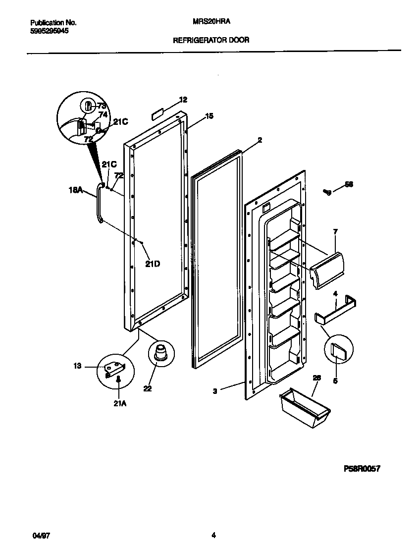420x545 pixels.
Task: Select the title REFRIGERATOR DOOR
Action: coord(210,40)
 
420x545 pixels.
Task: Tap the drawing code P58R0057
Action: coord(362,469)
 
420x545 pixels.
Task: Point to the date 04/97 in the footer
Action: coord(39,535)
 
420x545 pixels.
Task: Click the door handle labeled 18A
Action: coord(98,203)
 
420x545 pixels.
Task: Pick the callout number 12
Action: coord(183,100)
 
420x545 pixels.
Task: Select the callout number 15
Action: coord(209,116)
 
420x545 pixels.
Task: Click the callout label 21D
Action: coord(153,264)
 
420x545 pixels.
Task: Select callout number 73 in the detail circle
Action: coord(101,106)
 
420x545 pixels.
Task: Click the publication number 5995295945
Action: coord(50,30)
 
